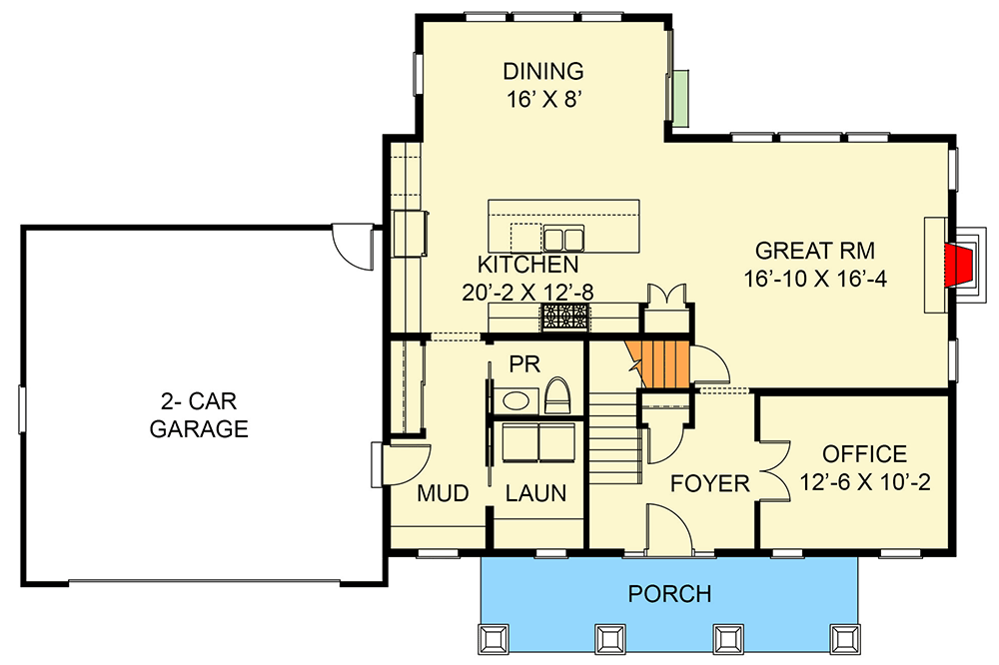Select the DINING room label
pyautogui.click(x=542, y=71)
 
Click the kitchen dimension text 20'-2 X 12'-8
pyautogui.click(x=528, y=293)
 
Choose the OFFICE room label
pyautogui.click(x=865, y=454)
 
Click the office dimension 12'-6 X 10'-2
pyautogui.click(x=865, y=483)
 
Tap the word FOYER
pyautogui.click(x=709, y=484)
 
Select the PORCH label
pyautogui.click(x=669, y=594)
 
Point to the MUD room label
pyautogui.click(x=443, y=493)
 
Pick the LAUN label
pyautogui.click(x=535, y=493)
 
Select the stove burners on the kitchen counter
pyautogui.click(x=565, y=318)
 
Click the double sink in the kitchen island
pyautogui.click(x=562, y=238)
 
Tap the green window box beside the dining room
pyautogui.click(x=679, y=98)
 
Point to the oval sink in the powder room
pyautogui.click(x=516, y=401)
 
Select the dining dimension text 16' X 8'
pyautogui.click(x=542, y=99)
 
